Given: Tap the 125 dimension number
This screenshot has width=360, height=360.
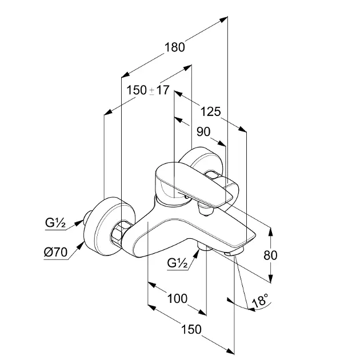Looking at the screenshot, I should point(210,110).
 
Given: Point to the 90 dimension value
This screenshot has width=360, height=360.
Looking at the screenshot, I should point(203,132).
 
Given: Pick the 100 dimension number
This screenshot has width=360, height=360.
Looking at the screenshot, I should point(177,298).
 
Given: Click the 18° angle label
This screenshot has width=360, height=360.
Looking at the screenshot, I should point(259,301).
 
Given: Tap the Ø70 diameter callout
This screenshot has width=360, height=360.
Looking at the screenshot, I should point(55,251).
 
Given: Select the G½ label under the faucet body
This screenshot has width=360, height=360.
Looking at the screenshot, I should point(178,263).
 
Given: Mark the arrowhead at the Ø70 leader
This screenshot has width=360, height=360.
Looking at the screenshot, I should point(86,243).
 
